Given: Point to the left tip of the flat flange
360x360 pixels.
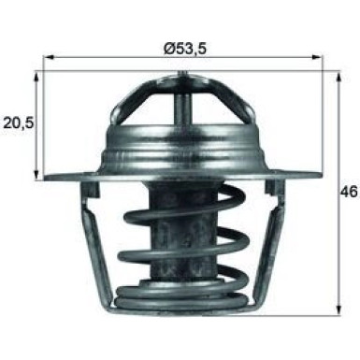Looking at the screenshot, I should click(46, 177).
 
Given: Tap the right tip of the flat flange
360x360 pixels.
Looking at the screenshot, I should click(326, 177).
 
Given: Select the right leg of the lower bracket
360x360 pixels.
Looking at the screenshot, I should click(274, 243).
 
